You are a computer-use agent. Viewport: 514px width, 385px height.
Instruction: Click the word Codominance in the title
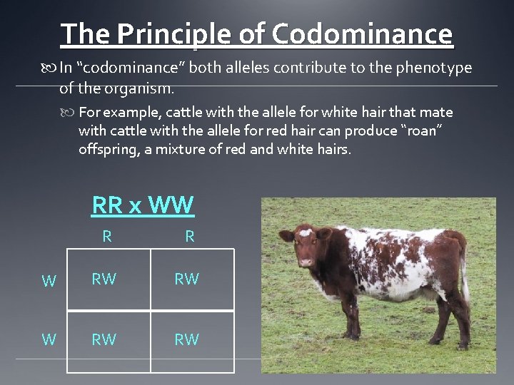click(x=362, y=34)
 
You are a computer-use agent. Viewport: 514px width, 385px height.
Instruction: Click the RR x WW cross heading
click(x=143, y=205)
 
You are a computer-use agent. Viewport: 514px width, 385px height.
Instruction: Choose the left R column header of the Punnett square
click(x=107, y=237)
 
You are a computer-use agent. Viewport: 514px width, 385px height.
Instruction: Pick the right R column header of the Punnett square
click(x=190, y=237)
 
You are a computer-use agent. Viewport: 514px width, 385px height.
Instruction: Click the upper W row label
click(x=49, y=281)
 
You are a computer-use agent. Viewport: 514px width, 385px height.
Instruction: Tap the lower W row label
click(x=49, y=339)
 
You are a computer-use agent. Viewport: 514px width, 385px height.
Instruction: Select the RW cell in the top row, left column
click(x=104, y=279)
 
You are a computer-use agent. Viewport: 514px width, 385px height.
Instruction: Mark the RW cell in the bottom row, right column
click(x=187, y=340)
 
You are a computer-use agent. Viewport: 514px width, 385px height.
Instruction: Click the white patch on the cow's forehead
click(x=306, y=232)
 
